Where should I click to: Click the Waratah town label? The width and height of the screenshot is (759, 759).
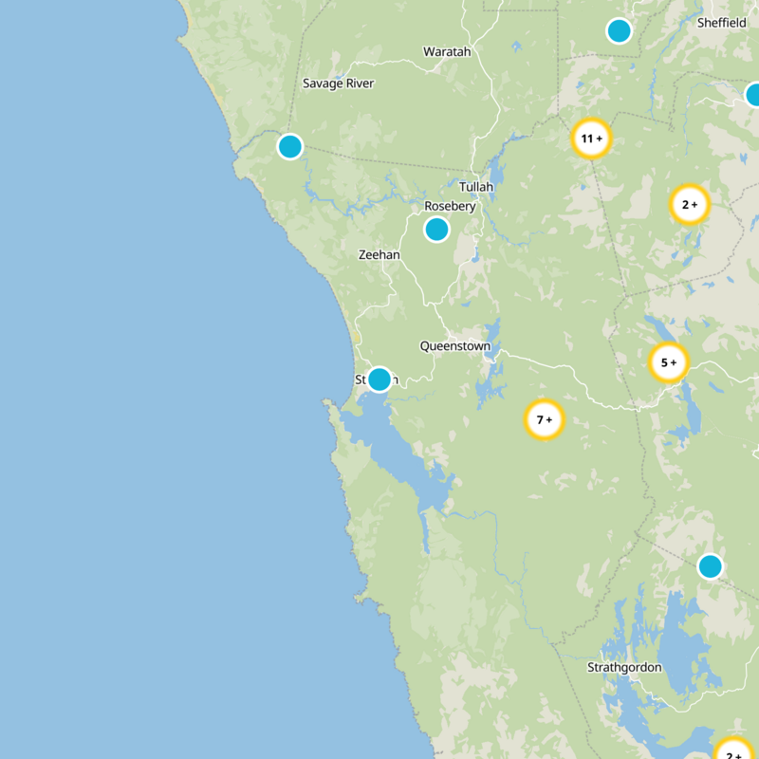tap(447, 51)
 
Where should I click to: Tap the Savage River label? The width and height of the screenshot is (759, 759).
tap(339, 83)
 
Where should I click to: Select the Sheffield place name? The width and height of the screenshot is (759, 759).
tap(722, 23)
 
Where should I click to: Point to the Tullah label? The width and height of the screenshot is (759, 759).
tap(476, 187)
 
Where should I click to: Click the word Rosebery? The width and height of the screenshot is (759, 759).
tap(450, 206)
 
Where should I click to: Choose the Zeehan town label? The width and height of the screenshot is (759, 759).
tap(379, 255)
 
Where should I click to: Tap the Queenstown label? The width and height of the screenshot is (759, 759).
tap(455, 346)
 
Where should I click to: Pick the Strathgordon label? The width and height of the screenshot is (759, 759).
tap(624, 667)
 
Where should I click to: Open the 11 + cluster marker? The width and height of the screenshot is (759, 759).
tap(591, 139)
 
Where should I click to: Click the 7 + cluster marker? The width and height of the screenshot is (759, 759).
tap(545, 419)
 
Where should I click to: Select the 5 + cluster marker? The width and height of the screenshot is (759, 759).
tap(668, 361)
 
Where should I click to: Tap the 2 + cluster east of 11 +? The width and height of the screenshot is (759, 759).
tap(690, 204)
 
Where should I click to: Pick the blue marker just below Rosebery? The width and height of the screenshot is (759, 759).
tap(436, 229)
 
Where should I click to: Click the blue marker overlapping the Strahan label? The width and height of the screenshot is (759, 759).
tap(379, 379)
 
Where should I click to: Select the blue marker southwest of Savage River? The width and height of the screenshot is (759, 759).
tap(290, 146)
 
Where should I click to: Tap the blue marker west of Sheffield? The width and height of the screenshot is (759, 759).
tap(619, 31)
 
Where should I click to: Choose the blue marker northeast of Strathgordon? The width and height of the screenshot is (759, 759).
tap(710, 566)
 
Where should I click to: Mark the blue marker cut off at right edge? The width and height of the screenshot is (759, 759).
tap(753, 95)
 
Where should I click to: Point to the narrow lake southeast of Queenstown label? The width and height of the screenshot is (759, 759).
tap(491, 383)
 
